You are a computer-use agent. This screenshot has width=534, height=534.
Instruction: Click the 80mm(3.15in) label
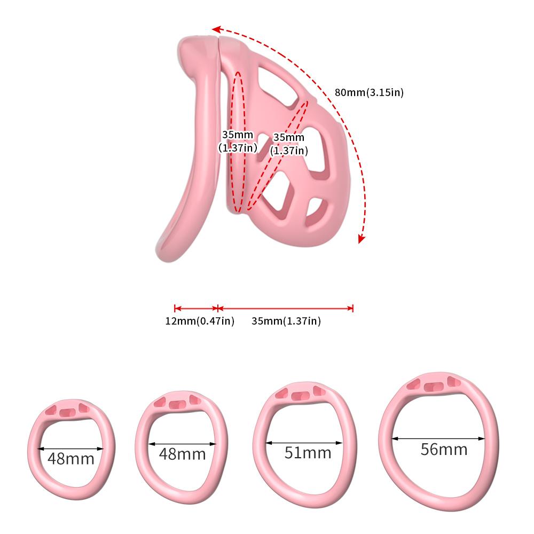(369, 92)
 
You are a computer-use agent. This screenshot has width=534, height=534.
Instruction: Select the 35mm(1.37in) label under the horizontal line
(286, 321)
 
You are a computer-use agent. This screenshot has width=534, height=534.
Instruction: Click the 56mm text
(444, 449)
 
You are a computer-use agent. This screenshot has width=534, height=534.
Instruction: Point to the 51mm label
(308, 453)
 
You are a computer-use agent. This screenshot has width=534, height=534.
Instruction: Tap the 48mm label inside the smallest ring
(70, 458)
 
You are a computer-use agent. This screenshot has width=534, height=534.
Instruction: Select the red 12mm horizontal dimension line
(196, 308)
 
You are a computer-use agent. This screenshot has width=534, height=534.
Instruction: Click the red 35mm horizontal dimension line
(286, 308)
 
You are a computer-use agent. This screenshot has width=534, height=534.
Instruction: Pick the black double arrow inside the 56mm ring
(439, 439)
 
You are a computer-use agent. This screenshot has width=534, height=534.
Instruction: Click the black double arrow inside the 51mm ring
(304, 443)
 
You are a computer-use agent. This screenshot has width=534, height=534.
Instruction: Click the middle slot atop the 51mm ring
(298, 396)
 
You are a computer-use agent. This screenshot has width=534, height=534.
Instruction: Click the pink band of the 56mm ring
(384, 438)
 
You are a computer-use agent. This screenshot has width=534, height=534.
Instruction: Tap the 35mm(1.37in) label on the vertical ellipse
(238, 142)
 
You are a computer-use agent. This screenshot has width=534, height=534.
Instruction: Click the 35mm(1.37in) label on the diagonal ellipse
(289, 144)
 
